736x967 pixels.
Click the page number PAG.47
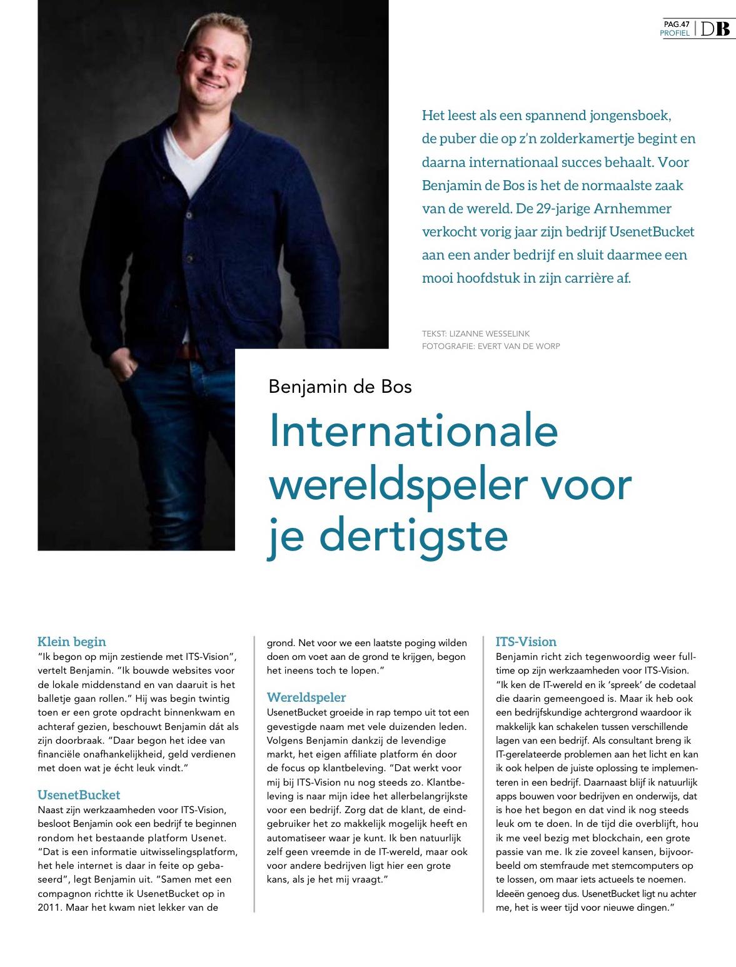click(x=677, y=24)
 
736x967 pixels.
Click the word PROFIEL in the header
click(x=675, y=33)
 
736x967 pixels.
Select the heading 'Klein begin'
click(x=72, y=641)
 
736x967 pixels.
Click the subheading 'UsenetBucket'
click(x=79, y=795)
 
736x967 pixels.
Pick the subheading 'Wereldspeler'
click(x=306, y=697)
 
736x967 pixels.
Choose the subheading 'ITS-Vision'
click(x=526, y=641)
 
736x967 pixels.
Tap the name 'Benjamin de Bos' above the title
click(x=340, y=386)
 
